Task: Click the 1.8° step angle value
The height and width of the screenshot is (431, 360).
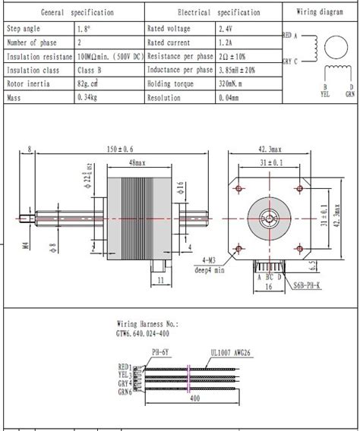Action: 83,28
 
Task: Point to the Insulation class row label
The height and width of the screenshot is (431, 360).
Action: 33,70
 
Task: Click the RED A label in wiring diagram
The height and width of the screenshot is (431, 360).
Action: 290,36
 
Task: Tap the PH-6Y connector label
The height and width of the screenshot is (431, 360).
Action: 160,351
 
